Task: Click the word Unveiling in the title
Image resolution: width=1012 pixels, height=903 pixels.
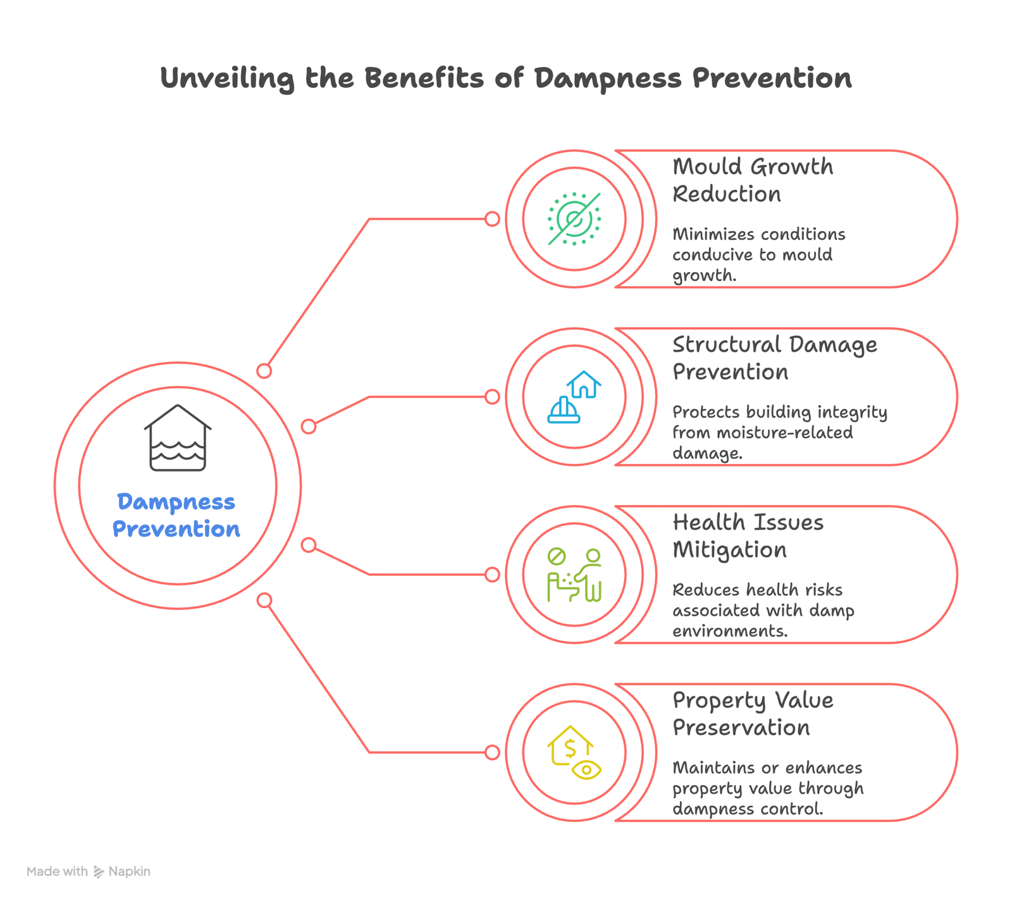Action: (x=228, y=78)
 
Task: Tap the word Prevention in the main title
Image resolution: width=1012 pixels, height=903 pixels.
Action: (x=772, y=78)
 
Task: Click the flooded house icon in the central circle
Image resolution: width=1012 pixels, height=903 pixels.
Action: (x=178, y=438)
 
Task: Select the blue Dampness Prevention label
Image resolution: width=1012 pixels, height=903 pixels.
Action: (x=176, y=515)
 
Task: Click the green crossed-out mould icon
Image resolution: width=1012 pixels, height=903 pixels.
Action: (x=574, y=219)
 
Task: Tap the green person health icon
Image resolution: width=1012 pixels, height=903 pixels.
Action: (x=574, y=575)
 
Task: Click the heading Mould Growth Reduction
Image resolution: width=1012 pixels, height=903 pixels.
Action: (x=753, y=180)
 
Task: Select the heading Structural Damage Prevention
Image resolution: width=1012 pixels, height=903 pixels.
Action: (x=775, y=358)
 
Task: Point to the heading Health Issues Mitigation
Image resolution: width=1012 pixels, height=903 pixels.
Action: (x=748, y=536)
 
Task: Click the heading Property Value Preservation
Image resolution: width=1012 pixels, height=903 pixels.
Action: (x=753, y=714)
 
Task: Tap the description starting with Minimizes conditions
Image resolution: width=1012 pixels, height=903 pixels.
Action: (x=759, y=254)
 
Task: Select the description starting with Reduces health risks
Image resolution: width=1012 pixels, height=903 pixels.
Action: (x=763, y=610)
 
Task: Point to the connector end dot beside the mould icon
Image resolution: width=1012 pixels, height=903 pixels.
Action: (x=492, y=219)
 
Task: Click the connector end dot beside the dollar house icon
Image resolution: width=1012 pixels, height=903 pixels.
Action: (x=492, y=752)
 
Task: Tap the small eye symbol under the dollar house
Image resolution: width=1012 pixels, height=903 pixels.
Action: (x=586, y=769)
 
